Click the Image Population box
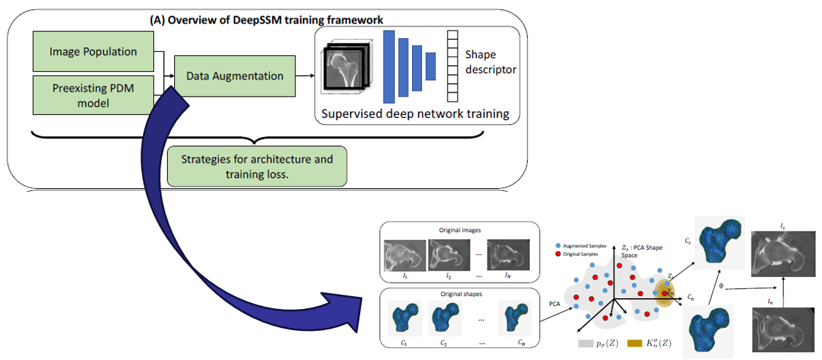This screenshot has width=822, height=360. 93,52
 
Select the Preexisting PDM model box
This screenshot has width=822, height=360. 93,95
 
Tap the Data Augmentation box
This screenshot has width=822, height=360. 234,76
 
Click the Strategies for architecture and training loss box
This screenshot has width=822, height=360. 256,166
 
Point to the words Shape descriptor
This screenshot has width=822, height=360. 490,62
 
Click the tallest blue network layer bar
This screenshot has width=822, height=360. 388,67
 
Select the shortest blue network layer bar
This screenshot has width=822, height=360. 431,66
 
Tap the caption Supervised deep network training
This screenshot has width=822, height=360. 416,114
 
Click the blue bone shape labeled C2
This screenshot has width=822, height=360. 443,318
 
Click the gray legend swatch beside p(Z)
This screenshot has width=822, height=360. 585,344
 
